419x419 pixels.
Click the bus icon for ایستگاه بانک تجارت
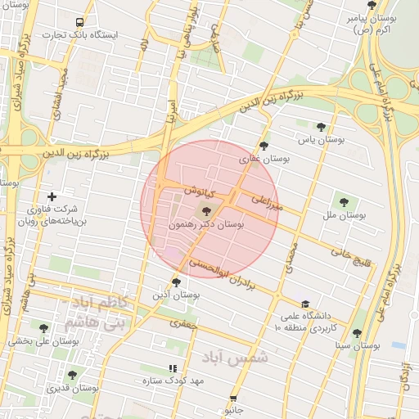[79, 23]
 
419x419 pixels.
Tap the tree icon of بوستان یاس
[320, 127]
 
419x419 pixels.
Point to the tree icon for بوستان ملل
[342, 201]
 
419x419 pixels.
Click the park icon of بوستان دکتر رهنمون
[205, 212]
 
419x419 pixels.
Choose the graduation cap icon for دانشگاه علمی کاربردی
[304, 304]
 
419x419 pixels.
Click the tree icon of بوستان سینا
[357, 333]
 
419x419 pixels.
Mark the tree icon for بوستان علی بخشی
[43, 328]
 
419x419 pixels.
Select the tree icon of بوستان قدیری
[72, 375]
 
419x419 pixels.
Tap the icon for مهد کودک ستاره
[172, 369]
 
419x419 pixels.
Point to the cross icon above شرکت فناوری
[52, 196]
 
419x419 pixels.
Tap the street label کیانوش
[199, 190]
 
